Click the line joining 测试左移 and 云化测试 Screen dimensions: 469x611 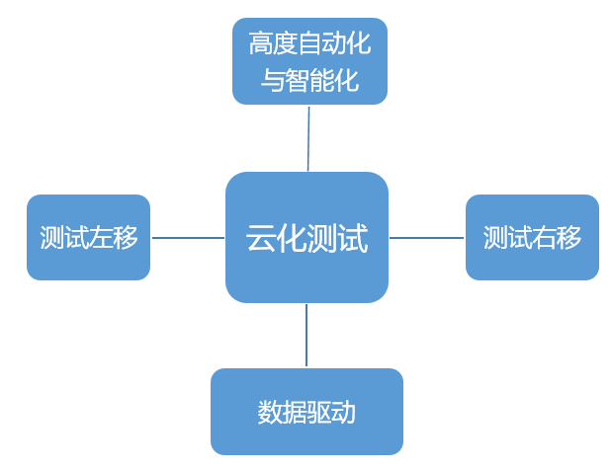click(188, 238)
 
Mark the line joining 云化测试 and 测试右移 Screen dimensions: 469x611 click(426, 238)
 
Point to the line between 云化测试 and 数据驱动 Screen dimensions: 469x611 click(306, 336)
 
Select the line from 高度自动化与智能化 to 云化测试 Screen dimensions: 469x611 click(308, 138)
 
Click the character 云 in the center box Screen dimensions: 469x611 click(261, 238)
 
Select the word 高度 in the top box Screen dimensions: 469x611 click(271, 44)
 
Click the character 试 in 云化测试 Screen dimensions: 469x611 click(352, 238)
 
